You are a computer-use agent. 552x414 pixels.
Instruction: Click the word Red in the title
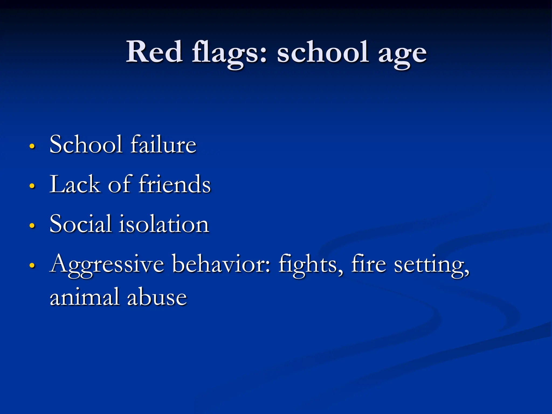[154, 52]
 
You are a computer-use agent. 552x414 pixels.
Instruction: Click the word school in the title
[323, 52]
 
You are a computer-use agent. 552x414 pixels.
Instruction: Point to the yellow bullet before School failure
[32, 146]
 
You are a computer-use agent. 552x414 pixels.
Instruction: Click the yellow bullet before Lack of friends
[32, 186]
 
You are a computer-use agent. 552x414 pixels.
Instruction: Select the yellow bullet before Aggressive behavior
[32, 265]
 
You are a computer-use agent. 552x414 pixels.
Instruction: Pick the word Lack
[75, 184]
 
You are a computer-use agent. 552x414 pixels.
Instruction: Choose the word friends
[174, 184]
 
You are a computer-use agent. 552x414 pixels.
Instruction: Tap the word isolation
[164, 224]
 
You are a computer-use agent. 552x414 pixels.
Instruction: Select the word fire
[368, 263]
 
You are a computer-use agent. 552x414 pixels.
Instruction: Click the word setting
[431, 265]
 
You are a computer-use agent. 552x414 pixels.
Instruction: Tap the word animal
[84, 296]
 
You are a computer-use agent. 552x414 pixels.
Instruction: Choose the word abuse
[157, 296]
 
